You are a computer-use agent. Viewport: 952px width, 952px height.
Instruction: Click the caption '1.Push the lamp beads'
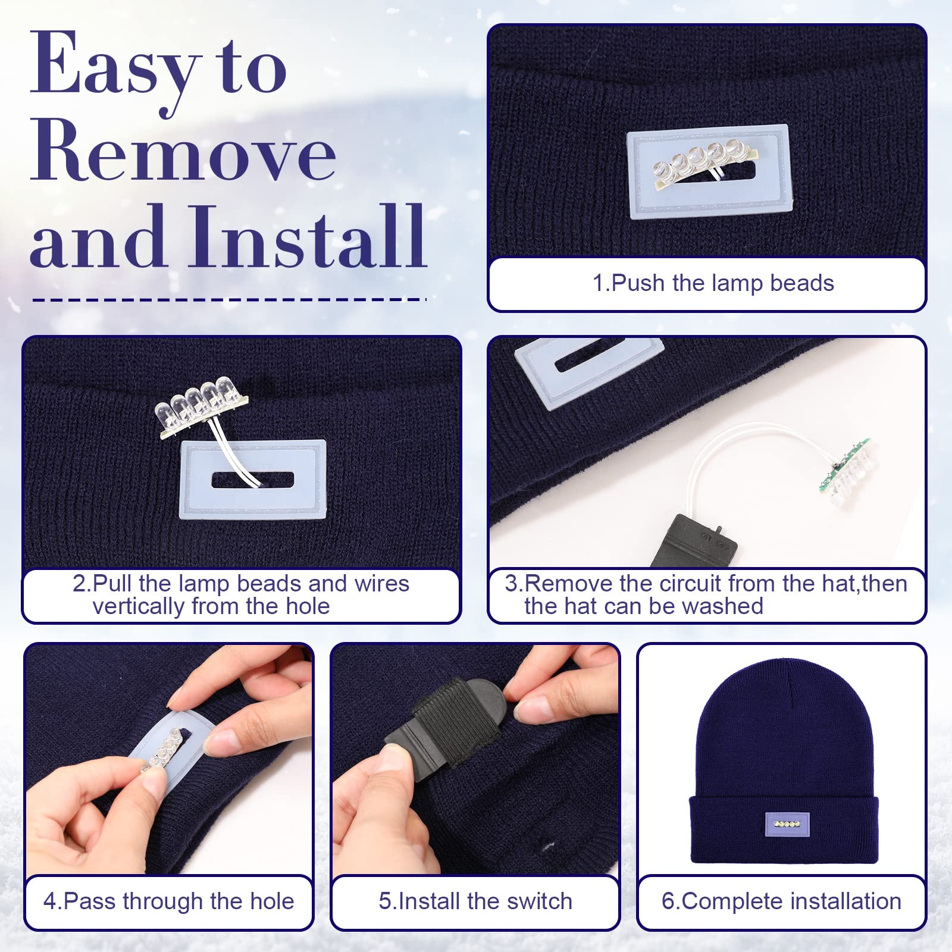(x=713, y=283)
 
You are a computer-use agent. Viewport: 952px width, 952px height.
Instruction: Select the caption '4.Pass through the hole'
(x=168, y=901)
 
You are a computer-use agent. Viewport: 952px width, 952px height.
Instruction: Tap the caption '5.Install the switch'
(x=475, y=901)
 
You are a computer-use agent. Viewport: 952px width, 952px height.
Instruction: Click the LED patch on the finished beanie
(x=787, y=824)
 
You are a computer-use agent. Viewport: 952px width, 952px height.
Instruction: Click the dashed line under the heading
(x=230, y=299)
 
